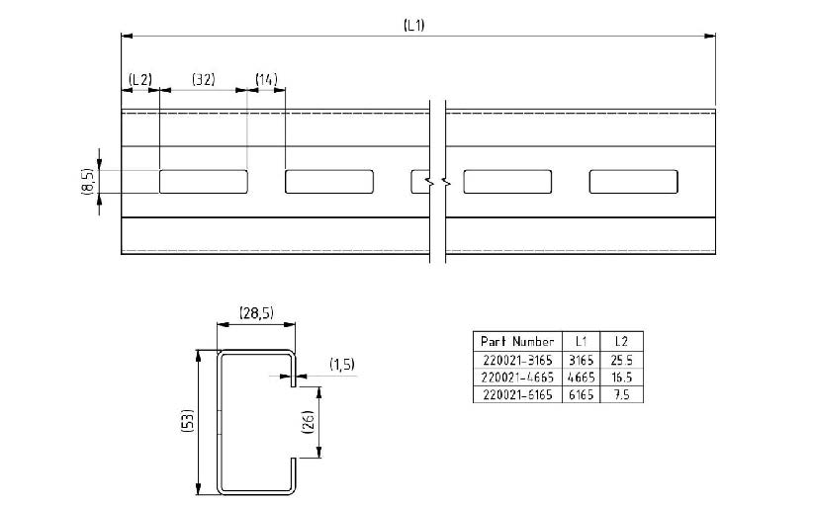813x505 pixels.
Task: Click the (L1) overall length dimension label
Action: [x=413, y=25]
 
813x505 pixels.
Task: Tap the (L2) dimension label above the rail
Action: [x=140, y=79]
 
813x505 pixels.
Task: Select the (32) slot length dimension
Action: [x=204, y=79]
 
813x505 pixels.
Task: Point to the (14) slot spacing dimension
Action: [x=266, y=79]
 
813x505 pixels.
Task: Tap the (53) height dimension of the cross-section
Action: [x=188, y=420]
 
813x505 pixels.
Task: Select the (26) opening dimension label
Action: [x=308, y=422]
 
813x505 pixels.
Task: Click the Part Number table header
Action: [x=517, y=341]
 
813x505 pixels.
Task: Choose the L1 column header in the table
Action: [x=581, y=341]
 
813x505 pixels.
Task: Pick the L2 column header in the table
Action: [x=621, y=341]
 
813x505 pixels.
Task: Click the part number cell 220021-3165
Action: [x=517, y=360]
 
